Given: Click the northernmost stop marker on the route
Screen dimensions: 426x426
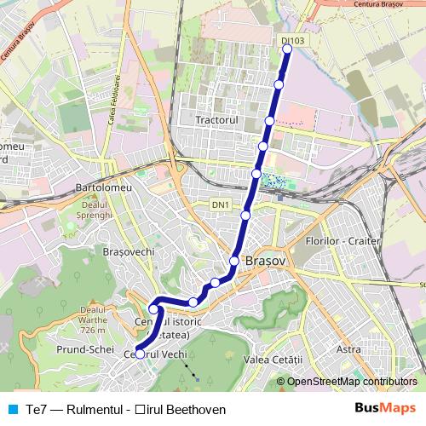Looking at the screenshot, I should (287, 49).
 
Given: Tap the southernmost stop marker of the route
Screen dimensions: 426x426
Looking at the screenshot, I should (141, 353).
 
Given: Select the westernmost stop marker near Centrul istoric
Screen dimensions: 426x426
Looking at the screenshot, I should (153, 309).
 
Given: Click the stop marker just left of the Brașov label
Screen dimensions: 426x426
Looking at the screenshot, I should (234, 261).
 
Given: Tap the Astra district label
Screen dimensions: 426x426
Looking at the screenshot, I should (348, 349).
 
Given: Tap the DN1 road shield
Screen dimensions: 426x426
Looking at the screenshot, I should (221, 205).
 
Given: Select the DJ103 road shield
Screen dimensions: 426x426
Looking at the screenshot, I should (291, 40).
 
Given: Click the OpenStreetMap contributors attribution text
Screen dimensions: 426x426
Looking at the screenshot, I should (352, 382).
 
